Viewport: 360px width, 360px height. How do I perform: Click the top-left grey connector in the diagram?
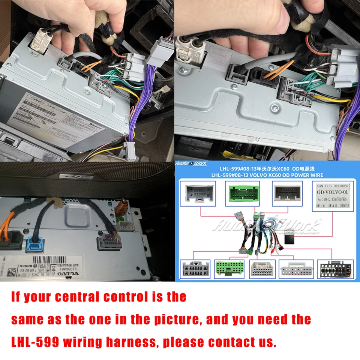click(198, 193)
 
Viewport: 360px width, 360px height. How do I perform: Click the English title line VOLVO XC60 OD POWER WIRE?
click(267, 175)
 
